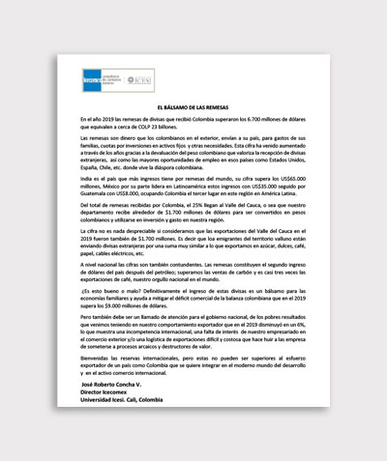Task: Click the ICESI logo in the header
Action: [x=142, y=81]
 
